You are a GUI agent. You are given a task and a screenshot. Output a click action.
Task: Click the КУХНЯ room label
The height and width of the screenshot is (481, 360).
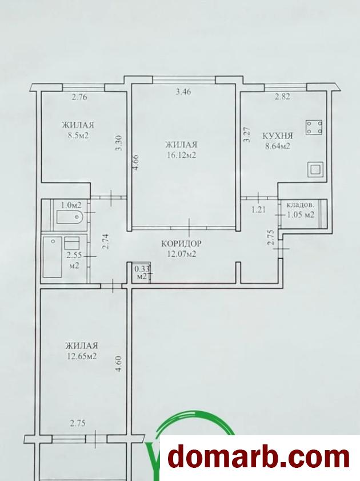tap(278, 136)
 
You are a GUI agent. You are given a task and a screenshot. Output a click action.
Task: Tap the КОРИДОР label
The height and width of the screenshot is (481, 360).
tap(181, 244)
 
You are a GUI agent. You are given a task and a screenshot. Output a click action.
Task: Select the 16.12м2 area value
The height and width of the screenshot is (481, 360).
tap(182, 155)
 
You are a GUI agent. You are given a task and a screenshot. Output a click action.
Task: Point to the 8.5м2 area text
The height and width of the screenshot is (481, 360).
tap(75, 136)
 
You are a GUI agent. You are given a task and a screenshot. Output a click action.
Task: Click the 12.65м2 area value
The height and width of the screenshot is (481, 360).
tap(81, 356)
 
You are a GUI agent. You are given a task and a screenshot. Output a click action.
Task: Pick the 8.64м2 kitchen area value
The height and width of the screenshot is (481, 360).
tap(277, 146)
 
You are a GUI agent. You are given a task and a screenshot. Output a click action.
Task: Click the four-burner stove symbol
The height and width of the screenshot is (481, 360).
tap(314, 128)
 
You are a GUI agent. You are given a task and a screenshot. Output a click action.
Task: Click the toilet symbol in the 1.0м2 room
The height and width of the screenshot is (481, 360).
tap(70, 217)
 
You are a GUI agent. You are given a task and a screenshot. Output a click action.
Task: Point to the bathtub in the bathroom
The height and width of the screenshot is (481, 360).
tap(52, 256)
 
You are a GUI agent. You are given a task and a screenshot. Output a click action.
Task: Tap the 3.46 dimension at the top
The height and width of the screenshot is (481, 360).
tap(183, 92)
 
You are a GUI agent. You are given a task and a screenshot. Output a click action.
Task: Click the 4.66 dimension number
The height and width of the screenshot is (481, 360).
tap(137, 162)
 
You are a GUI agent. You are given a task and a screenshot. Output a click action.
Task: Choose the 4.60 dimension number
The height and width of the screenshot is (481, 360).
tap(119, 363)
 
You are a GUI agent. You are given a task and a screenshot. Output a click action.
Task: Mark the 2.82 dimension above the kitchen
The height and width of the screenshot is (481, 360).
tap(282, 97)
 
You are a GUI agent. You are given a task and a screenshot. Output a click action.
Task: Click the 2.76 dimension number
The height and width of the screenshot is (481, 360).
tap(79, 98)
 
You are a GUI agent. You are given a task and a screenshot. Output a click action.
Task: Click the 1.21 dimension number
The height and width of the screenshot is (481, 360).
tap(258, 210)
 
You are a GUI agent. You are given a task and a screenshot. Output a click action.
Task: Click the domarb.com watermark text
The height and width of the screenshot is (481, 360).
tap(259, 458)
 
